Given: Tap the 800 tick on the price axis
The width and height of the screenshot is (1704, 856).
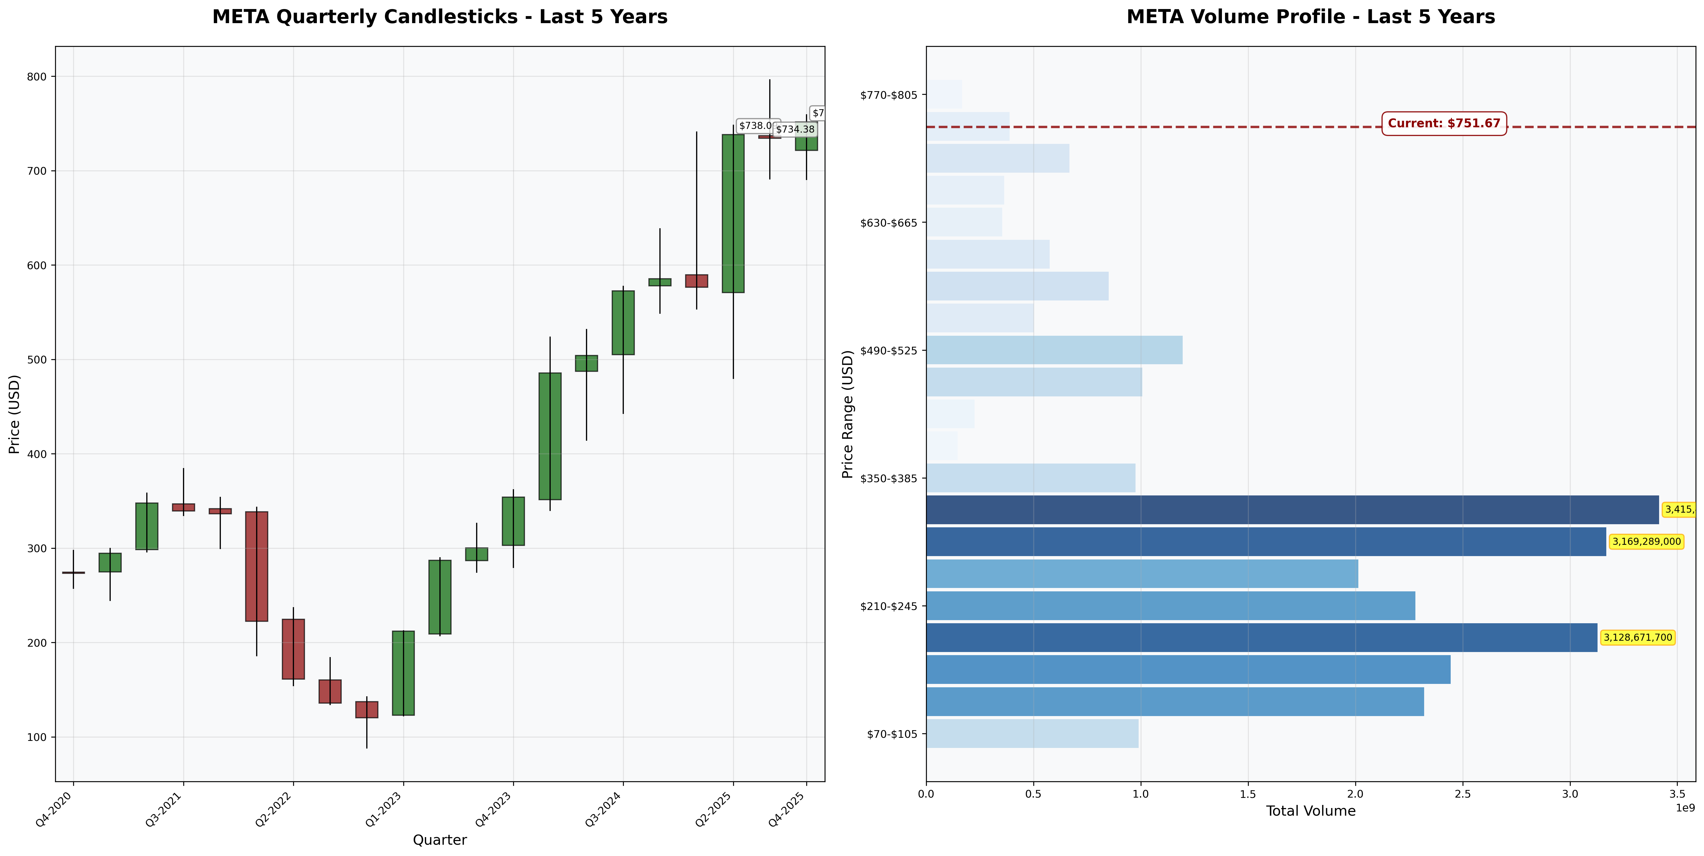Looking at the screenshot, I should pyautogui.click(x=37, y=77).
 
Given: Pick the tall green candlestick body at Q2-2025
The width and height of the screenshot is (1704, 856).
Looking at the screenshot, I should pyautogui.click(x=733, y=213).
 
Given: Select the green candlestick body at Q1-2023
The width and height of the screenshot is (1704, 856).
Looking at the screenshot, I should pyautogui.click(x=404, y=673).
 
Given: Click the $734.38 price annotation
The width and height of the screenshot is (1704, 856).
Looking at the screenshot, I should pyautogui.click(x=795, y=130).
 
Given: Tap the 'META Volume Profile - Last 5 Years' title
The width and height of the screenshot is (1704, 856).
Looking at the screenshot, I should pyautogui.click(x=1310, y=17).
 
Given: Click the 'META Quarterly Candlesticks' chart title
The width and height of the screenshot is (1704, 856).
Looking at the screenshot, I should pyautogui.click(x=440, y=17).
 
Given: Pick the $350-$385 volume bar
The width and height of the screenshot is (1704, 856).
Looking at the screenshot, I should pyautogui.click(x=1030, y=478).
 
